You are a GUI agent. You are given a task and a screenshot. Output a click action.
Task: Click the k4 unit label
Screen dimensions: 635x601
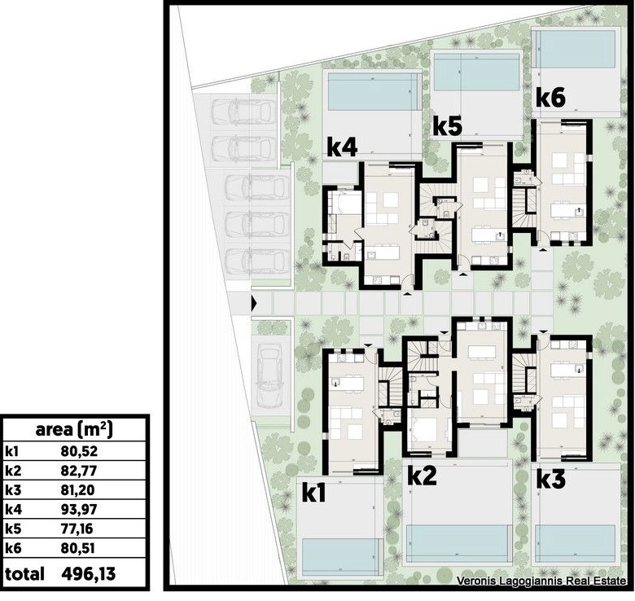point(342,147)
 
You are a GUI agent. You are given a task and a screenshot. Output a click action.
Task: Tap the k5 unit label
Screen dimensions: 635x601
point(448,126)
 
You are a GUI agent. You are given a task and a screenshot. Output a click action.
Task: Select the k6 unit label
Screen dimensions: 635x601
point(551,98)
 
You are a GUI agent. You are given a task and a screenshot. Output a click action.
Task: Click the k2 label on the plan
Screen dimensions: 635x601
point(422,476)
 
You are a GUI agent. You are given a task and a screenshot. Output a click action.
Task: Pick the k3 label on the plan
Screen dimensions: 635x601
point(551,480)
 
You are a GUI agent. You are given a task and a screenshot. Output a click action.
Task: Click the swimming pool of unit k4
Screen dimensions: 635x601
point(374,91)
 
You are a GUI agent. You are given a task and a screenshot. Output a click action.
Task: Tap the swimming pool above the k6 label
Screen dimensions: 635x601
point(575,49)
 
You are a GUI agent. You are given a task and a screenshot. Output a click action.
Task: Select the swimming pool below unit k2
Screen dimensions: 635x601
point(458,543)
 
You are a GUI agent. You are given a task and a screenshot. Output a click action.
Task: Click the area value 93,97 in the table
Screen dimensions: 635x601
point(79,510)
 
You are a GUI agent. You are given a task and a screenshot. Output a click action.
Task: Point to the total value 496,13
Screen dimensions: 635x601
point(89,574)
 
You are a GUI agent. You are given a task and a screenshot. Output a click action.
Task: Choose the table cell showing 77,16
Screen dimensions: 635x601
point(77,529)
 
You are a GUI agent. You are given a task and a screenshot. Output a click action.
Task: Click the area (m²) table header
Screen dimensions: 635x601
point(74,430)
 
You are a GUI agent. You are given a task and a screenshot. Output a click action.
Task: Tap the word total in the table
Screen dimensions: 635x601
point(24,574)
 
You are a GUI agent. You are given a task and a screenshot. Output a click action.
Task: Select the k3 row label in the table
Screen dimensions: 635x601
point(13,490)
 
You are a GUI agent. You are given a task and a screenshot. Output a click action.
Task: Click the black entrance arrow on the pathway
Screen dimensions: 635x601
point(254,303)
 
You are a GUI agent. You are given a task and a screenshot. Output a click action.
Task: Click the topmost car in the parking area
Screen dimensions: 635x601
point(241,111)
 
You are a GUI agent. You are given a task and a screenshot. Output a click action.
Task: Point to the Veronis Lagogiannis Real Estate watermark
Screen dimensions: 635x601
point(541,581)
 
